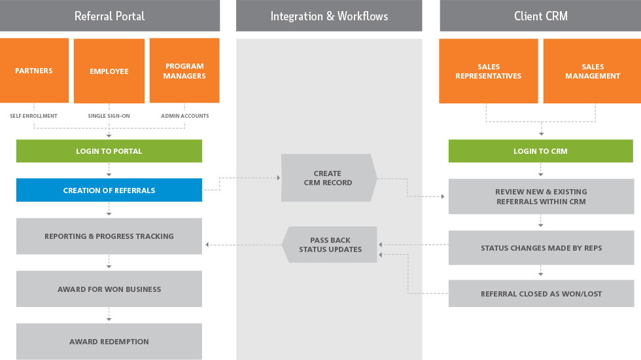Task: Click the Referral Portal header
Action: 109,16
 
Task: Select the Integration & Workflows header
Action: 329,16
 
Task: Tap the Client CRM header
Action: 540,16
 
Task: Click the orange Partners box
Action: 34,71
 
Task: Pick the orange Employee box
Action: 109,71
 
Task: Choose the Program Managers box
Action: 184,71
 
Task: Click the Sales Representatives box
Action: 489,71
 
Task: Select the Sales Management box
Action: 592,71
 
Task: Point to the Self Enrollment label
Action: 34,116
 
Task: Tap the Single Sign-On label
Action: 109,116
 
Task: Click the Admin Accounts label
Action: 185,116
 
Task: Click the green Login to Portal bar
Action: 109,151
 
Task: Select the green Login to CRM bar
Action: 540,151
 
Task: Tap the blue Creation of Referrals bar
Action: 109,190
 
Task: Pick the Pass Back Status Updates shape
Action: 330,245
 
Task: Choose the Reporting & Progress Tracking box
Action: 109,236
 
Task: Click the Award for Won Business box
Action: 109,289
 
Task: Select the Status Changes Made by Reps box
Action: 541,248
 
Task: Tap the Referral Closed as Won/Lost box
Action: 541,294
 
